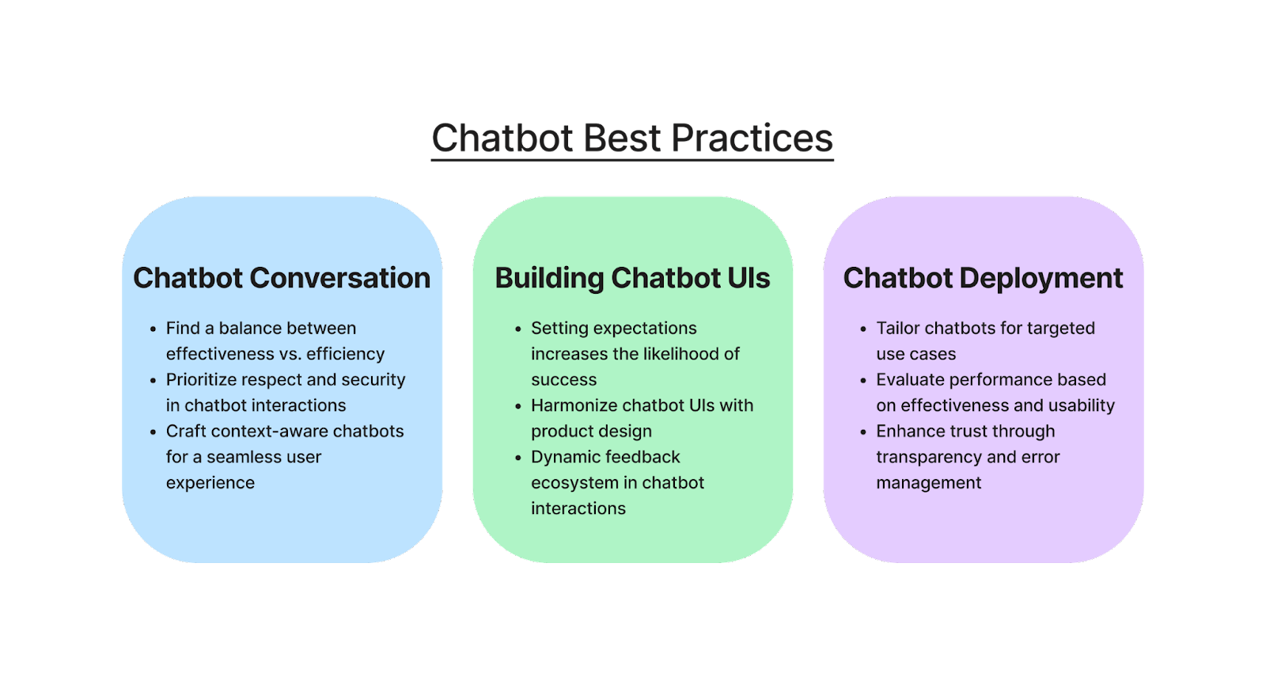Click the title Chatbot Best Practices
[x=632, y=139]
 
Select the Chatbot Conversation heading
[x=282, y=278]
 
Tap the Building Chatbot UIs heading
[x=632, y=278]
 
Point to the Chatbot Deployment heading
[x=983, y=278]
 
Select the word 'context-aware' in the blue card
[x=269, y=432]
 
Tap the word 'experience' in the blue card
[x=210, y=483]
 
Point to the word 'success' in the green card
[x=563, y=380]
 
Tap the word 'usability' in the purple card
[x=1081, y=405]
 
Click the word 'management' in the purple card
[x=928, y=483]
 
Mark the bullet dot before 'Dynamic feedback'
[x=518, y=458]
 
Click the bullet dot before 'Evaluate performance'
[x=863, y=381]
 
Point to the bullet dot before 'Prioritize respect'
[x=153, y=381]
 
